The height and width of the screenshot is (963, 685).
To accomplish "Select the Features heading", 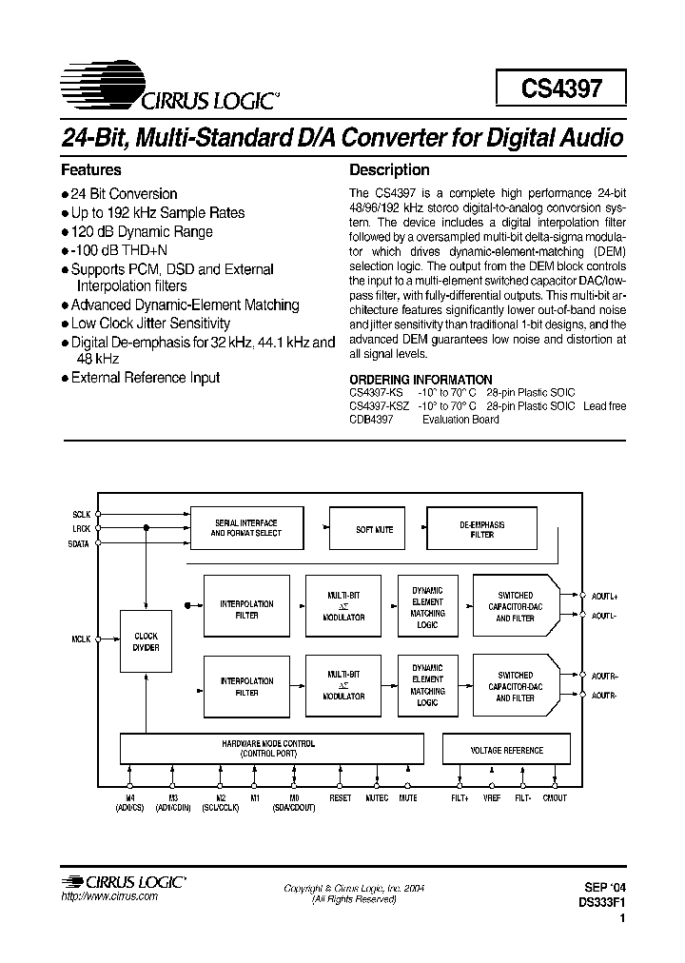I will coord(91,170).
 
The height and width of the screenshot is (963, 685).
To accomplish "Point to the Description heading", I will coord(389,170).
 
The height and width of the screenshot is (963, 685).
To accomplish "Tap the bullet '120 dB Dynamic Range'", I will coord(142,231).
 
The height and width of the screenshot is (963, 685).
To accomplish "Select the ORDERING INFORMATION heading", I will coord(421,379).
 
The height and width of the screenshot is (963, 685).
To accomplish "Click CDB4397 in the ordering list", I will coord(370,420).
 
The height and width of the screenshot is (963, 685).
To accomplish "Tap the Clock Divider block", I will coord(147,641).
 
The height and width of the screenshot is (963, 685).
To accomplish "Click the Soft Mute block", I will coord(374,530).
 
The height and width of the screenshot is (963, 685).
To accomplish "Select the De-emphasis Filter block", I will coord(481,530).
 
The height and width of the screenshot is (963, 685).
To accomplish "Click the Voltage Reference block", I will coord(506,750).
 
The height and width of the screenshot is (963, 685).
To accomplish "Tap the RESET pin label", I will coord(340,797).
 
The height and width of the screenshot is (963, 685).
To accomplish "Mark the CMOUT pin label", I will coord(554,797).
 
